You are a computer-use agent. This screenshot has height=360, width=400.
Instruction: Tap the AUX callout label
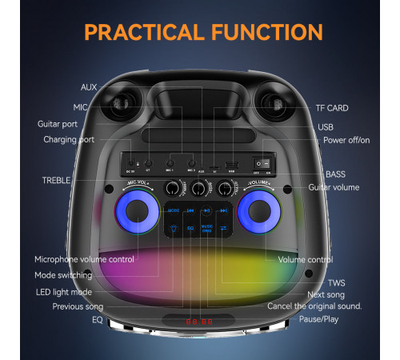89,86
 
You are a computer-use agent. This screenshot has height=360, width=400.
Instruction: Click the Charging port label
69,139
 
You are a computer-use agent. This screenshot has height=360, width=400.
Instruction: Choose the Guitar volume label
334,186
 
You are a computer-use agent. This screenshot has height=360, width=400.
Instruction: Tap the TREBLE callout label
57,180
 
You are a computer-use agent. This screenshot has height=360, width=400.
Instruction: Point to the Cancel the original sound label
314,306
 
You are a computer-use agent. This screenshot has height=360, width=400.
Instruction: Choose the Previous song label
78,306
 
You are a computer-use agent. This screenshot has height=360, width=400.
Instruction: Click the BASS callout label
336,174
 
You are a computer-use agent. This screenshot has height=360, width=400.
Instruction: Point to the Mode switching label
63,274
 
